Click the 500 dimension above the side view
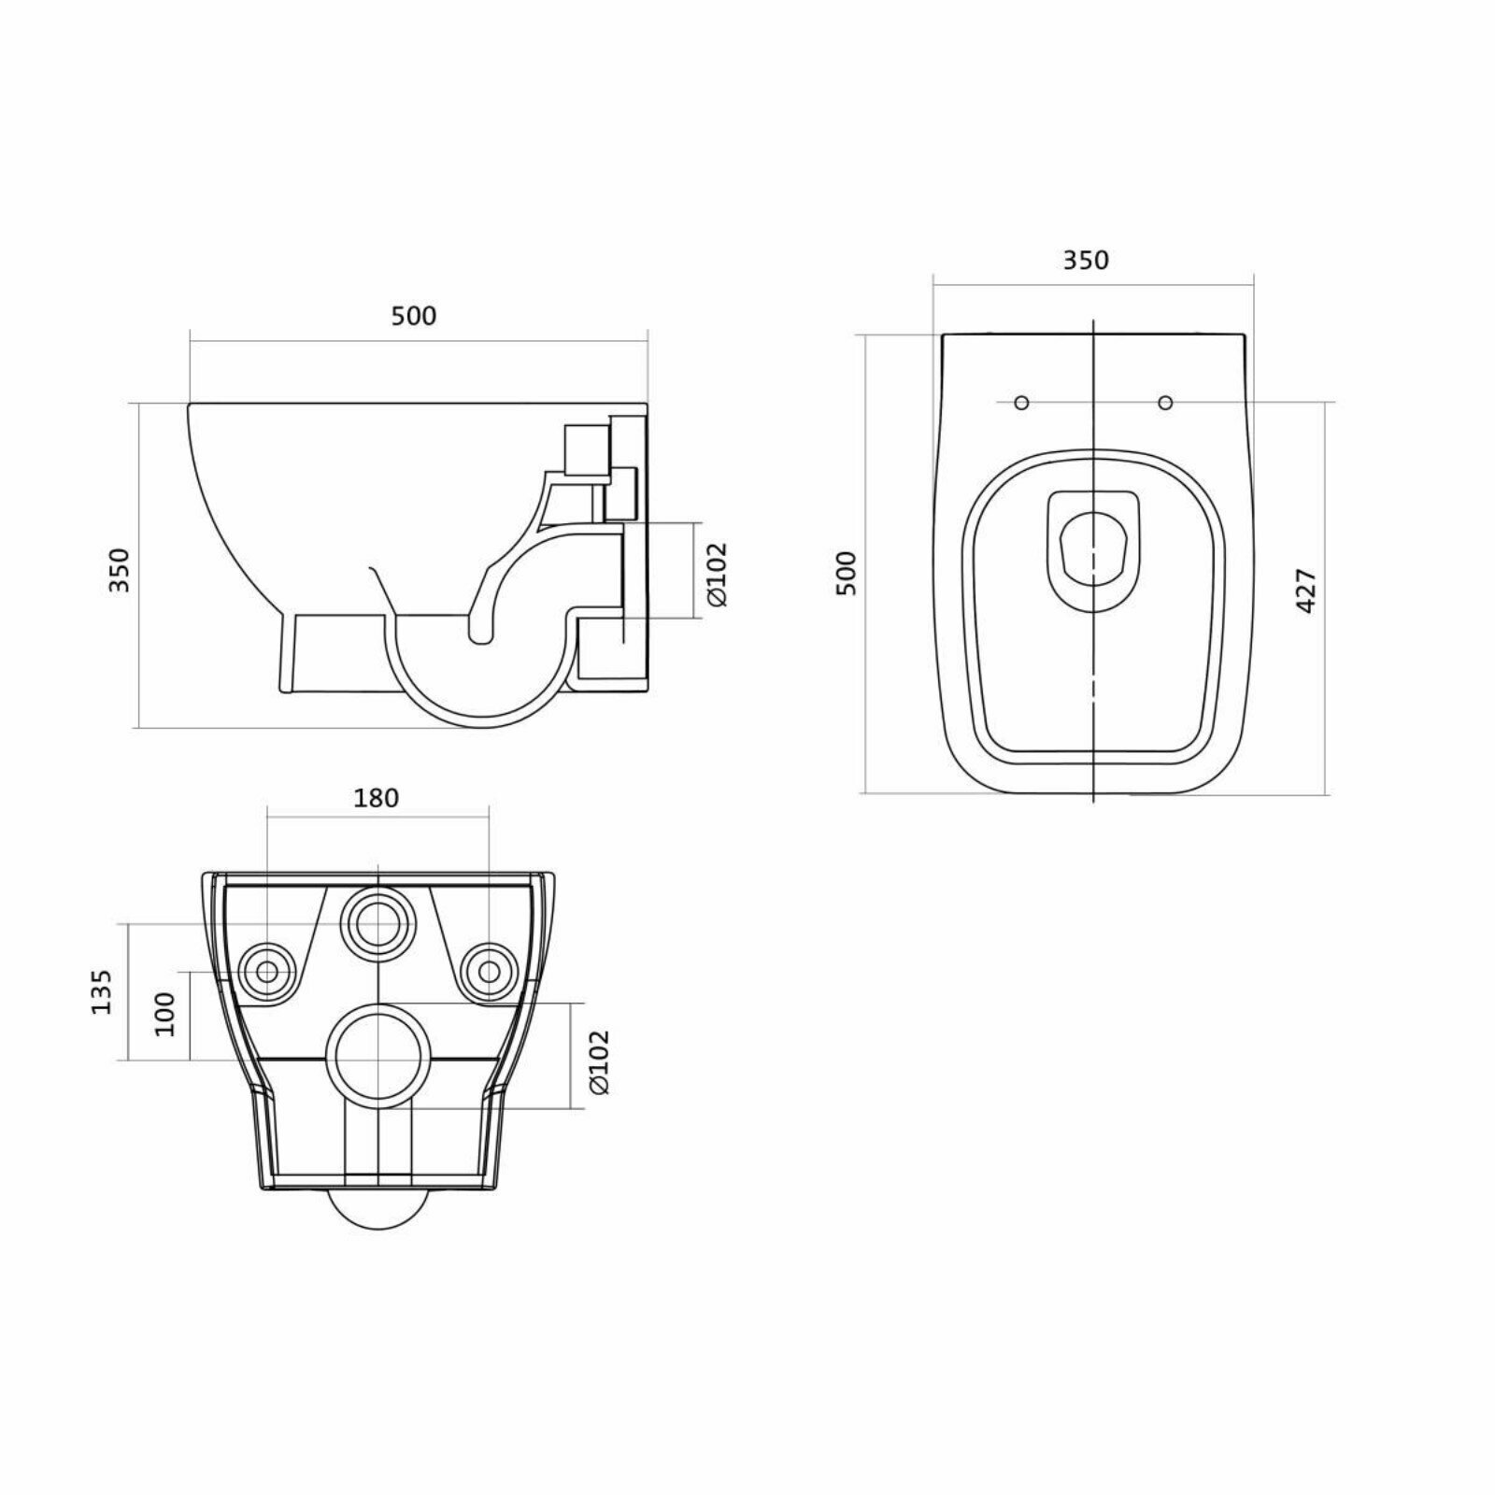click(413, 316)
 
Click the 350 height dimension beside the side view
click(121, 569)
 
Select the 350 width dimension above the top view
click(1086, 260)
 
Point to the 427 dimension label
click(1306, 590)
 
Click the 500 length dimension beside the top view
click(846, 573)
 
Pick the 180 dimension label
click(377, 798)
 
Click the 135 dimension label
click(102, 991)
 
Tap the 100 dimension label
click(165, 1014)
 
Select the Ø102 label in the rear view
click(599, 1061)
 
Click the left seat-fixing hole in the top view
click(1021, 403)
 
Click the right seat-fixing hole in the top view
click(1165, 403)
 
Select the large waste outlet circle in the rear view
click(377, 1057)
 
